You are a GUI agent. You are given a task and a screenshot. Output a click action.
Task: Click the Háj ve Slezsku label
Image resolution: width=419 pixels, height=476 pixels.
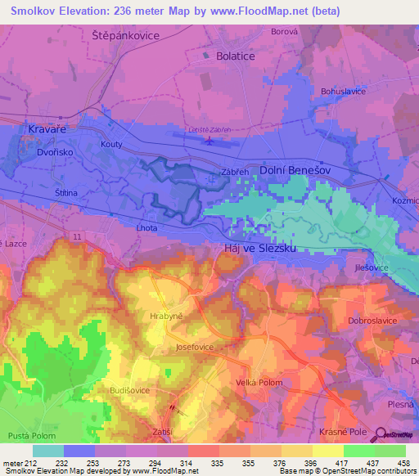point(259,247)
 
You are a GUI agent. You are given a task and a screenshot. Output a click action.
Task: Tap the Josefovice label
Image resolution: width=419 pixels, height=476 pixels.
point(195,347)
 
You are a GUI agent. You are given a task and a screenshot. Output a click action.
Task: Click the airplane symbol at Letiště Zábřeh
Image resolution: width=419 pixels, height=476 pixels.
point(210,140)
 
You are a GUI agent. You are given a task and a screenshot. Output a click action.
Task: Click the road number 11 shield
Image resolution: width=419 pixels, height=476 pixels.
point(76,236)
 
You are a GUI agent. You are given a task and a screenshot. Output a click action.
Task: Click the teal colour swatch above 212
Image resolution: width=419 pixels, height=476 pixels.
point(48,451)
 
